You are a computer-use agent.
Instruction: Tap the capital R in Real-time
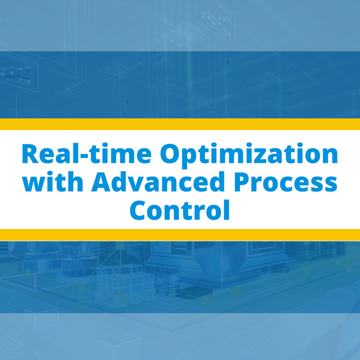(31, 154)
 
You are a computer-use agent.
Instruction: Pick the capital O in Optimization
(171, 154)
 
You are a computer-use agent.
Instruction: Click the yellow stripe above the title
(180, 124)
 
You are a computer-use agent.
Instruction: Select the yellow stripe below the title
(180, 235)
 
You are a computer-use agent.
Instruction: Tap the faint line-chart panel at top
(216, 19)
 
